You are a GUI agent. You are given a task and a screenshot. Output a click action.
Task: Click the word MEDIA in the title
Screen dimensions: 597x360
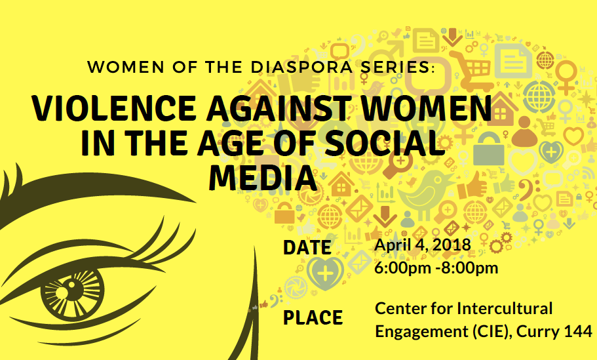click(263, 178)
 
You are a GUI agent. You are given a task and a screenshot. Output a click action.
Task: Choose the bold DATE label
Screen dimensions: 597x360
click(307, 248)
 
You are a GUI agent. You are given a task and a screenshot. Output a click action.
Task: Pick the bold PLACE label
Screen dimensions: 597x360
click(313, 318)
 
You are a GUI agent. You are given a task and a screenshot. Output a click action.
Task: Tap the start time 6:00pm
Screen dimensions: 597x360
click(403, 268)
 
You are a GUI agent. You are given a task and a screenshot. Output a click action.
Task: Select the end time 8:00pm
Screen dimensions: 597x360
click(470, 268)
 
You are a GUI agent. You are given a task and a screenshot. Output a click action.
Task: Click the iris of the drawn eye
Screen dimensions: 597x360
click(72, 293)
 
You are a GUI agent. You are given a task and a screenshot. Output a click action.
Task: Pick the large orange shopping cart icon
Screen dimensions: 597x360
click(471, 70)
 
